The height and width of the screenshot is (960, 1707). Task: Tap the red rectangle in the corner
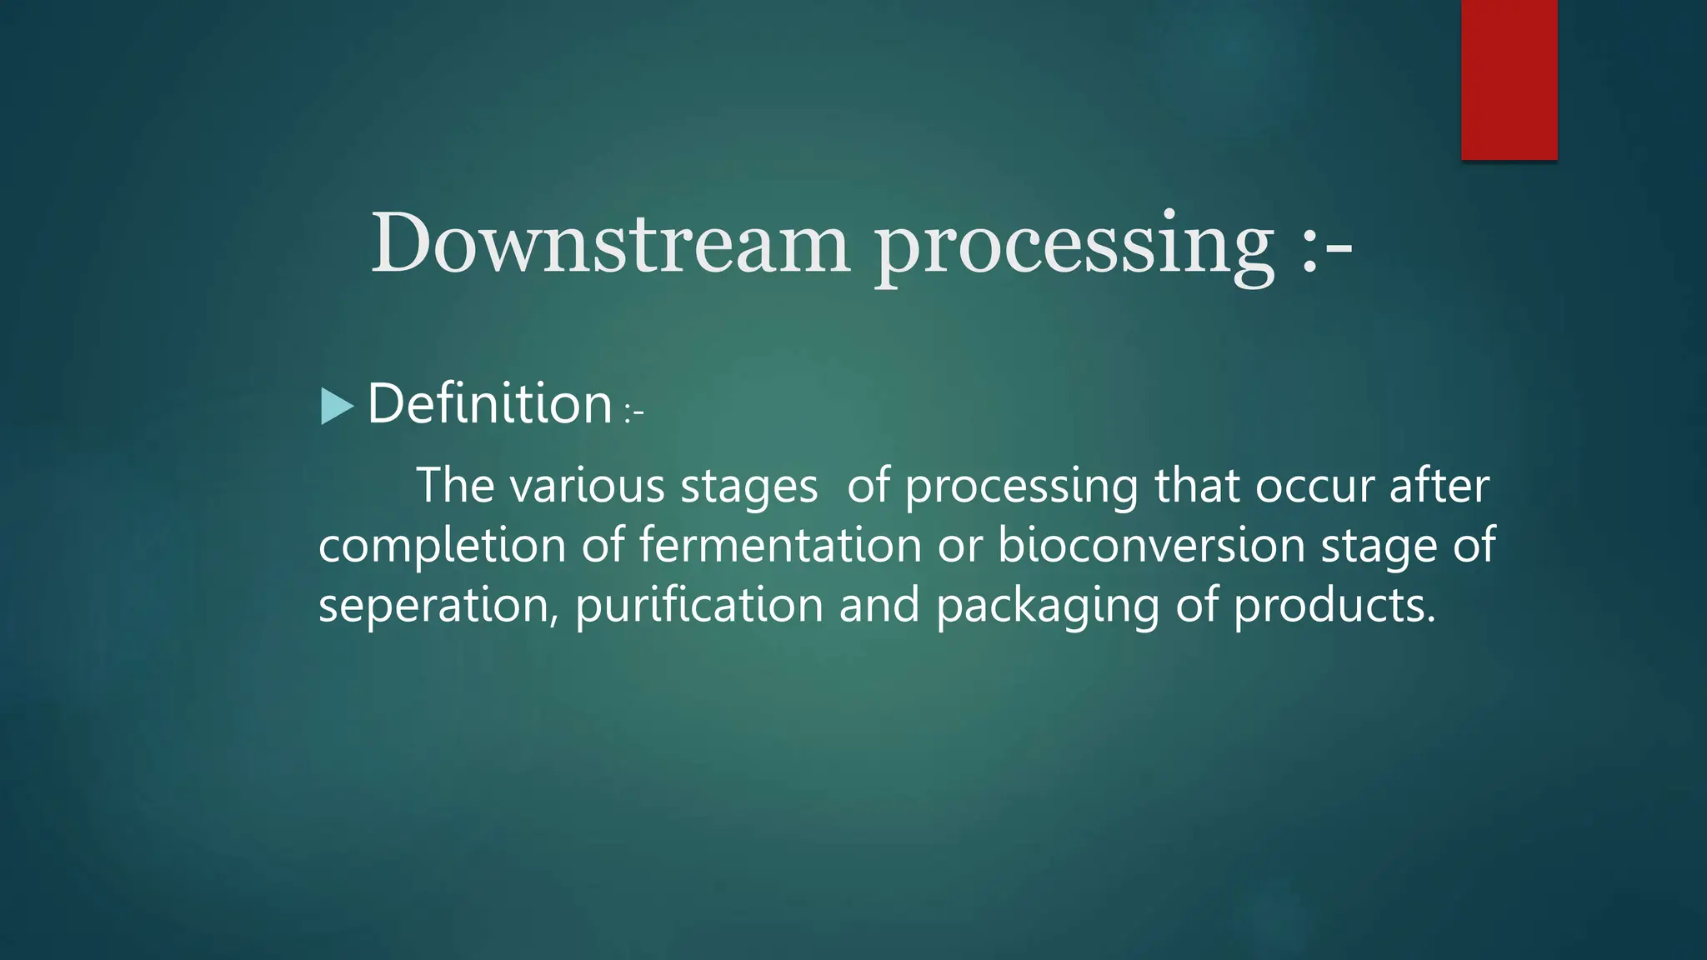pyautogui.click(x=1509, y=79)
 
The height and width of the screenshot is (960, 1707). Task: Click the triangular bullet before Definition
pyautogui.click(x=337, y=407)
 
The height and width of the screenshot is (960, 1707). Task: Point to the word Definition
pyautogui.click(x=490, y=404)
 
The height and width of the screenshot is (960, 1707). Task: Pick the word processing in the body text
pyautogui.click(x=1021, y=487)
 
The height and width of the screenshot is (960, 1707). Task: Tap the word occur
pyautogui.click(x=1314, y=486)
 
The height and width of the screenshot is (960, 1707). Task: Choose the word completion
pyautogui.click(x=443, y=547)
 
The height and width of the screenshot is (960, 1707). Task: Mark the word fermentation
pyautogui.click(x=780, y=545)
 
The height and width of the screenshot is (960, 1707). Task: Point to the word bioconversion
pyautogui.click(x=1151, y=545)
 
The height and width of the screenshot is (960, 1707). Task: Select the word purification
pyautogui.click(x=698, y=604)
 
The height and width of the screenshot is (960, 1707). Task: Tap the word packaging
pyautogui.click(x=1047, y=606)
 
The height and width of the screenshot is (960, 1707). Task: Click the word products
pyautogui.click(x=1334, y=606)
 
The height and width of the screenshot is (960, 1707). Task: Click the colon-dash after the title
pyautogui.click(x=1325, y=246)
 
